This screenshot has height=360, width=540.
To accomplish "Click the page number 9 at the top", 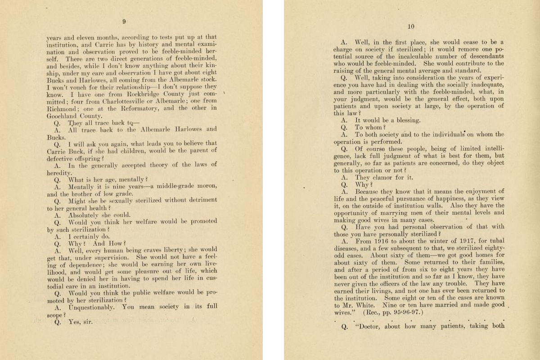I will point(124,21).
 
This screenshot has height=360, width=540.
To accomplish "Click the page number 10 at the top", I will point(410,27).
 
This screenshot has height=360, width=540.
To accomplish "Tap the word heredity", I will point(59,172).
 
